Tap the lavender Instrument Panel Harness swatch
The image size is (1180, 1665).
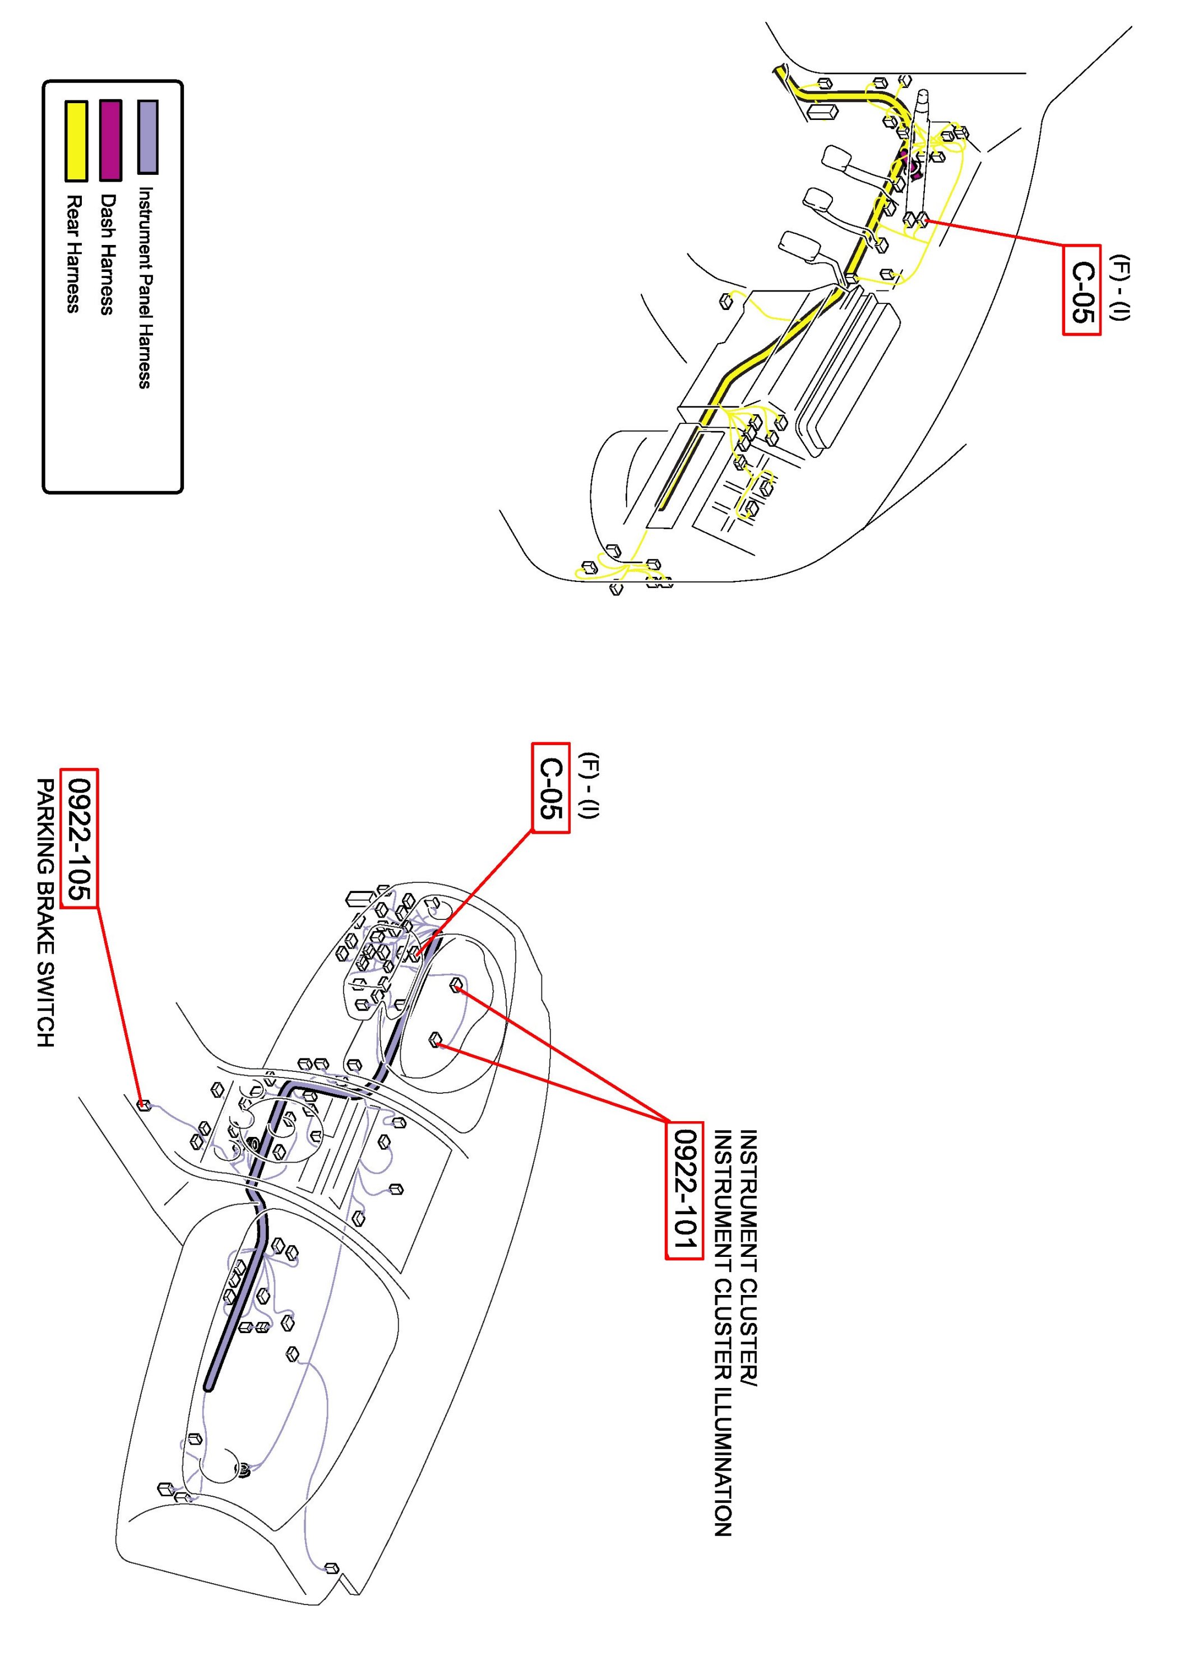pos(148,137)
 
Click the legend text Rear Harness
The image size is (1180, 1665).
pos(73,253)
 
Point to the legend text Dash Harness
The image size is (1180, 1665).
pos(107,253)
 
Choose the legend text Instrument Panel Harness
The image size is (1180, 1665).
pos(145,288)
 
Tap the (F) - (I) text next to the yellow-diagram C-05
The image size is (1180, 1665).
pos(1122,288)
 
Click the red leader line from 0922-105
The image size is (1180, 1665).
pos(120,1005)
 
